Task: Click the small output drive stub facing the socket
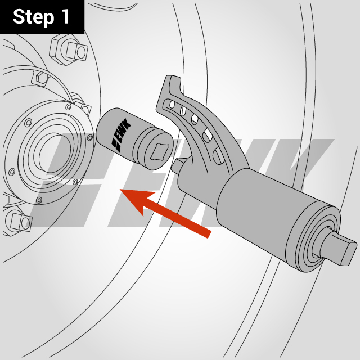(179, 164)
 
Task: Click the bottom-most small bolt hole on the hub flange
(38, 200)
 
